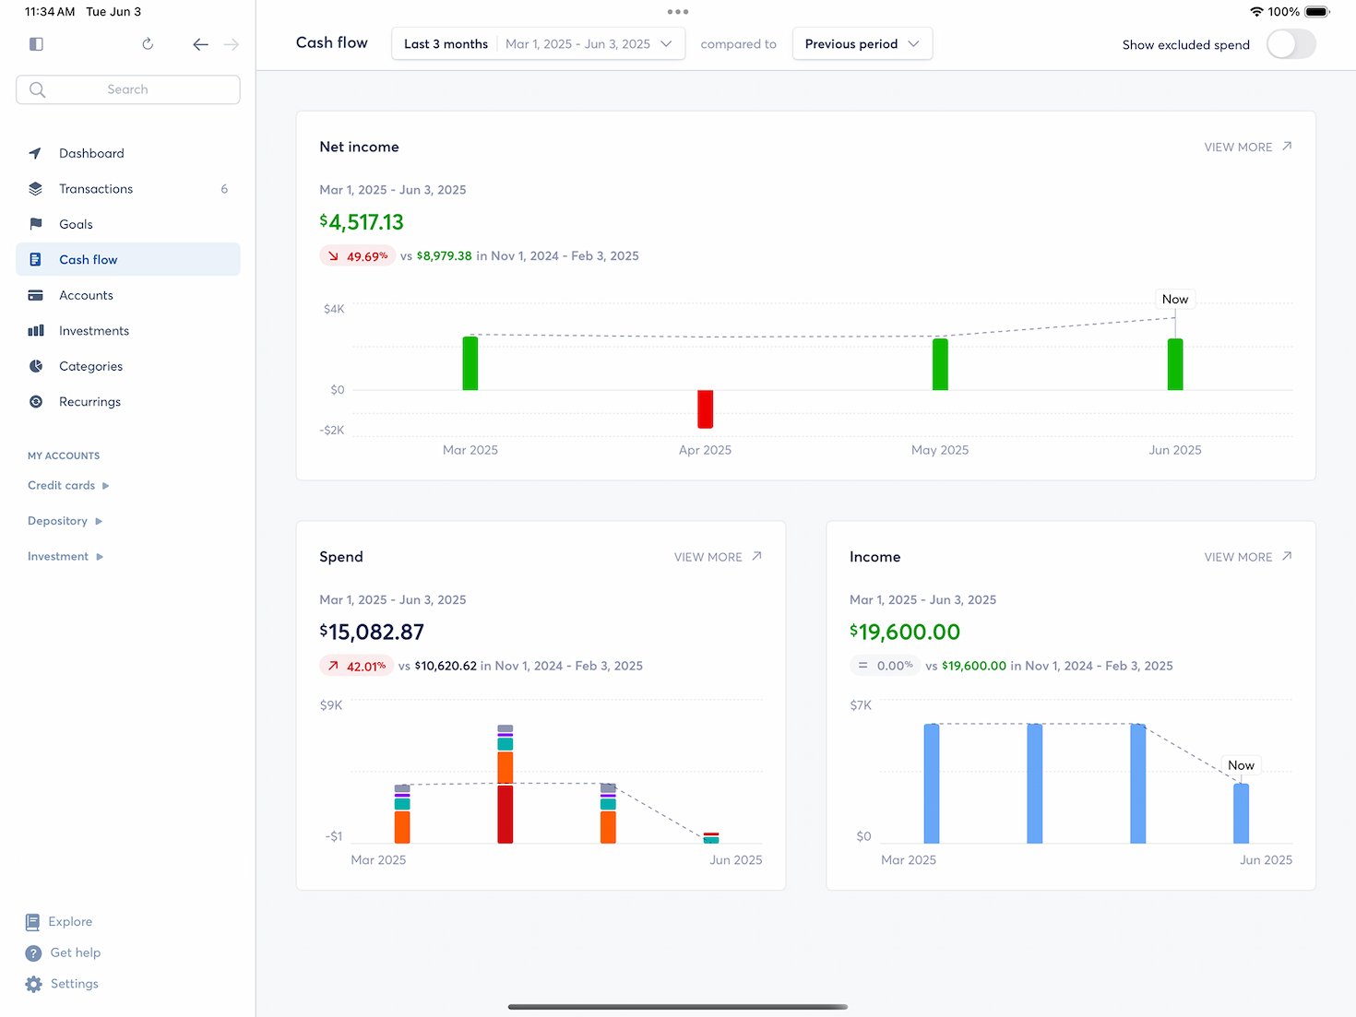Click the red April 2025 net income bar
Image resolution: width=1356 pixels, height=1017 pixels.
pyautogui.click(x=705, y=409)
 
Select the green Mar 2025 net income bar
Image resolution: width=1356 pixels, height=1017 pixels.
pyautogui.click(x=470, y=363)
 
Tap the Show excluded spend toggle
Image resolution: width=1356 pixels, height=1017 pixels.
pyautogui.click(x=1291, y=44)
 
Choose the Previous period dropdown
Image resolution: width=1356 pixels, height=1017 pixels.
pyautogui.click(x=862, y=44)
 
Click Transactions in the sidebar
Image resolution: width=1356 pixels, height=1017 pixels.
pyautogui.click(x=96, y=189)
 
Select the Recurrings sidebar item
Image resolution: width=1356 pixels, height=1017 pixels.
pyautogui.click(x=89, y=402)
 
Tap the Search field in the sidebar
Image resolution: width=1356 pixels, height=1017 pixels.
pyautogui.click(x=128, y=89)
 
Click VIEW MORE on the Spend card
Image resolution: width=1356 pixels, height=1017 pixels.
pyautogui.click(x=718, y=557)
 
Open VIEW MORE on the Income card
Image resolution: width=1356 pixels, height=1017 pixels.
pyautogui.click(x=1247, y=557)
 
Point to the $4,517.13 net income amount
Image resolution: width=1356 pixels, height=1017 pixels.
pyautogui.click(x=362, y=222)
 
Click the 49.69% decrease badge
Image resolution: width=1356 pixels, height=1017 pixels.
pyautogui.click(x=357, y=256)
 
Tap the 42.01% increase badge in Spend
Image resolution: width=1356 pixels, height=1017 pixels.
pyautogui.click(x=357, y=666)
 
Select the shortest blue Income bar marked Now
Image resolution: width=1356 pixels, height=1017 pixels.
pyautogui.click(x=1241, y=813)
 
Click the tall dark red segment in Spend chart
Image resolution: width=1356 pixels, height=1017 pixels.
pyautogui.click(x=505, y=814)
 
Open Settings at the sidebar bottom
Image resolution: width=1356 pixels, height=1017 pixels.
pyautogui.click(x=74, y=984)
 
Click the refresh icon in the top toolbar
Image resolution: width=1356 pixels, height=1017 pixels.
pyautogui.click(x=148, y=44)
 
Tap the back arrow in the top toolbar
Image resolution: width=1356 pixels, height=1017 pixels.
pyautogui.click(x=200, y=44)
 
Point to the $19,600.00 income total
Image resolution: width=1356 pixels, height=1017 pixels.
pyautogui.click(x=905, y=633)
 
